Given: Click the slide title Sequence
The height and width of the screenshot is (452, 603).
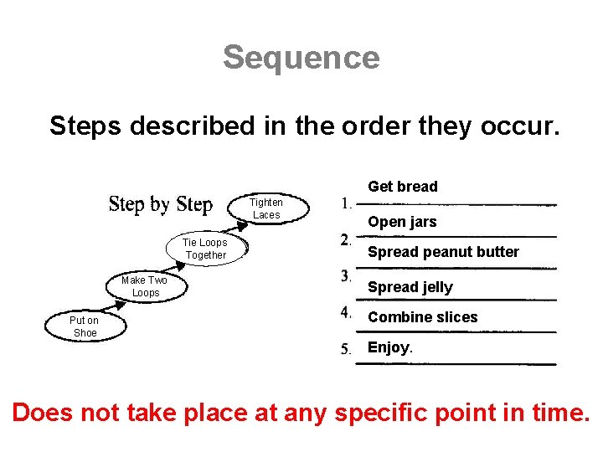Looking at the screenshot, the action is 301,58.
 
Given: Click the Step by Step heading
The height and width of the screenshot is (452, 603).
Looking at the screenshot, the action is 161,204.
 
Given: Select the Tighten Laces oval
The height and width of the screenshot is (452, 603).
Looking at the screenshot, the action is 266,208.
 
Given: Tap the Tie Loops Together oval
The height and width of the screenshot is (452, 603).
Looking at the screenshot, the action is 206,249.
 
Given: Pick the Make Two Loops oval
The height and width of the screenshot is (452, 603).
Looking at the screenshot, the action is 145,286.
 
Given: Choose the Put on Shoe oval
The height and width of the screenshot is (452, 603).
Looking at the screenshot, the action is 84,326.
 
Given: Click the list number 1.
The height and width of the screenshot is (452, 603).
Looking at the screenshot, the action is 346,203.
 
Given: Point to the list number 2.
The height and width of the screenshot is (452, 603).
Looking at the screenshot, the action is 346,240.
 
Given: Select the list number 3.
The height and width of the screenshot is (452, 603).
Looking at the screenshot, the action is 346,275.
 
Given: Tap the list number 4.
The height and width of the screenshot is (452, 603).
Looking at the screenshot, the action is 346,312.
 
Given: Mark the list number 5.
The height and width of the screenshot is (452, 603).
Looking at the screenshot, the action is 346,349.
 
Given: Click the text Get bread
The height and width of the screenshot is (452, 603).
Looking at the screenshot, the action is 403,187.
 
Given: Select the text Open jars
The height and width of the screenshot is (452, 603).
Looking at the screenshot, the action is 402,223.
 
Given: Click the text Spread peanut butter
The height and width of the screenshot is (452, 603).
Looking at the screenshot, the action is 443,252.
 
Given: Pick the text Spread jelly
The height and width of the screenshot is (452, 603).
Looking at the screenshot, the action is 410,287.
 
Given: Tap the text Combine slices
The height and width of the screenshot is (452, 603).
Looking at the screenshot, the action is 422,317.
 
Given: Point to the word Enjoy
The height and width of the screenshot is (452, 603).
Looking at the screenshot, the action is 389,347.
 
